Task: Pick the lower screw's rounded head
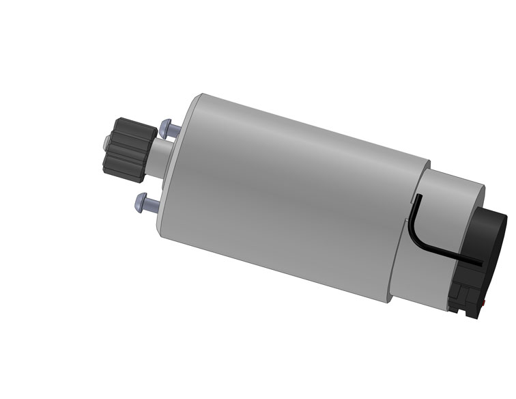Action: pos(141,202)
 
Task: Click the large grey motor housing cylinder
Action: pos(287,198)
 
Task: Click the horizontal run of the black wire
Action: pos(450,255)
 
